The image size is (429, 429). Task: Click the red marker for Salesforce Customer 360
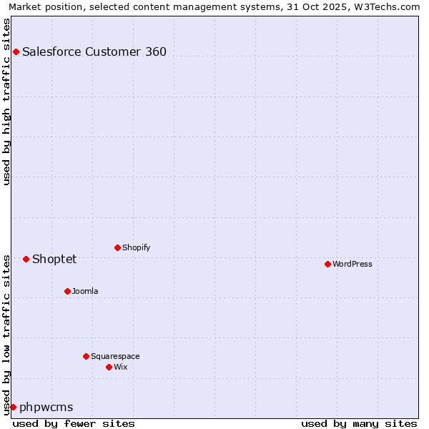16,51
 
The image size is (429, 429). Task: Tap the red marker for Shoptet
26,259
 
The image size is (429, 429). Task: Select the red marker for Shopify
117,247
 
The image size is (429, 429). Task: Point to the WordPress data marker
327,264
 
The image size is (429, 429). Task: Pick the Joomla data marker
67,291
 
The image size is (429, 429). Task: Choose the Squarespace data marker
86,356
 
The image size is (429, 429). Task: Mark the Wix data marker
109,367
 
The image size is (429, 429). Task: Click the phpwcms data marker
13,407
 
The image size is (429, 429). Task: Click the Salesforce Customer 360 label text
94,51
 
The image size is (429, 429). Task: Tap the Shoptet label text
54,259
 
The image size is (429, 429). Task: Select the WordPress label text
352,264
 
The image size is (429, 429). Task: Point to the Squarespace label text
115,356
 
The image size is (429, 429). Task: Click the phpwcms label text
46,407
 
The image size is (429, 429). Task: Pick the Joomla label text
85,291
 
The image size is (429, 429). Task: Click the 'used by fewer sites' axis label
74,423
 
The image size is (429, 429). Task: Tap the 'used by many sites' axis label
359,423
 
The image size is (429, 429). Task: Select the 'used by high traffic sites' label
6,101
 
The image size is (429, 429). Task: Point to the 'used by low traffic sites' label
6,333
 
